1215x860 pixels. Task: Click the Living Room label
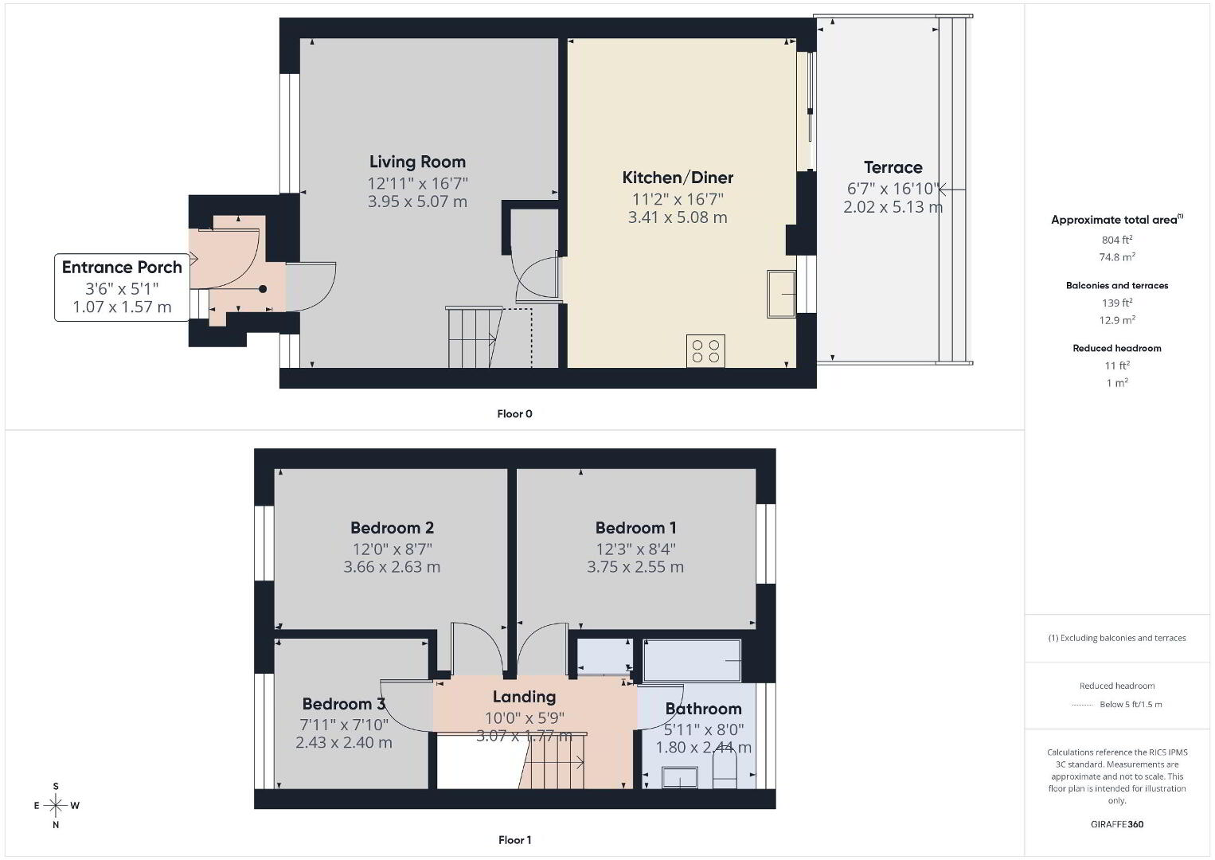(417, 162)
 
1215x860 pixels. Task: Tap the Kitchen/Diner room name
(678, 178)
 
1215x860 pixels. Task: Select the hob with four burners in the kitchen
(705, 351)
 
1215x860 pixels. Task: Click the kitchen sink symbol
(782, 294)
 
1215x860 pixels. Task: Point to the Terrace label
(893, 167)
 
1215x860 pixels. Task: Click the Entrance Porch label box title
(122, 267)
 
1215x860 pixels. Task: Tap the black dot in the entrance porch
(263, 289)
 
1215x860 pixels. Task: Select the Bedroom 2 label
(392, 527)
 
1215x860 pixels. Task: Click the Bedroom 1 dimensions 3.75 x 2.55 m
(635, 567)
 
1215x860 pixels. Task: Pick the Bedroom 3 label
(343, 704)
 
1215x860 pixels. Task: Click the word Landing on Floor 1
(524, 697)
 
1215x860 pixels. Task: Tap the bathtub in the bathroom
(692, 660)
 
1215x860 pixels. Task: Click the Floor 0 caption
(515, 414)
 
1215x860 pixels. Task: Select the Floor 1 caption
(515, 840)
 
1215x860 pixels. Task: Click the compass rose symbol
(56, 805)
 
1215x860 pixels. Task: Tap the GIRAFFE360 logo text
(1117, 824)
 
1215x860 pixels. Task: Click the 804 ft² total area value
(1117, 239)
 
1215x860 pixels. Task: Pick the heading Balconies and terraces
(1117, 285)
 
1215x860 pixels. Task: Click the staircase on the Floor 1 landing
(552, 762)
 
